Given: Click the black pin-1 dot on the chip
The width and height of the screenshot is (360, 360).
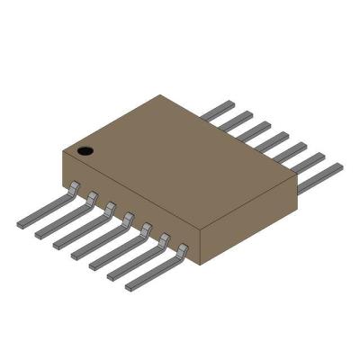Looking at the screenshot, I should click(x=85, y=150).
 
